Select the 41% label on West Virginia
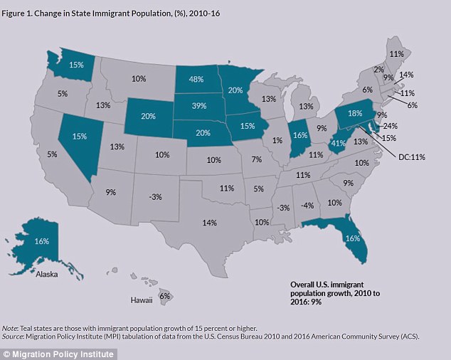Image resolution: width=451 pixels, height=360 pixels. [x=339, y=142]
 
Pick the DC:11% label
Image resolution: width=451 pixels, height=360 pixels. [x=411, y=157]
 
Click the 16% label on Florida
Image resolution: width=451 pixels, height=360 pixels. [x=352, y=238]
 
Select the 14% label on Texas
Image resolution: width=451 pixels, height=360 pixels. [x=208, y=223]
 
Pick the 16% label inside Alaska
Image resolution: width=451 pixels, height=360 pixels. [x=42, y=242]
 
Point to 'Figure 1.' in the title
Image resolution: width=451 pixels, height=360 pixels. [x=19, y=10]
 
